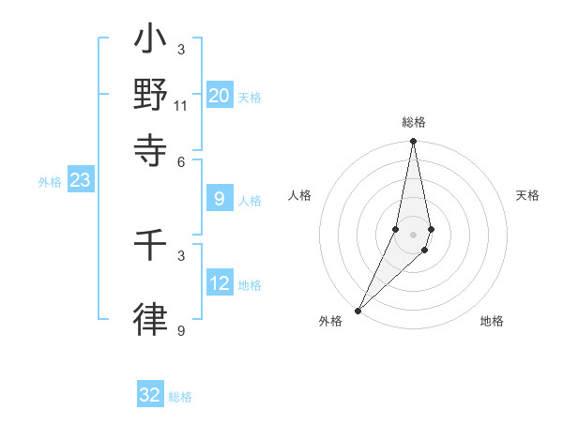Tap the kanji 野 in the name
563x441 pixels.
coord(151,96)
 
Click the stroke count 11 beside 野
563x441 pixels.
coord(181,105)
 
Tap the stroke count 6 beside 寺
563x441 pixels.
coord(181,161)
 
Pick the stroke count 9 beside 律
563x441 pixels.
coord(181,330)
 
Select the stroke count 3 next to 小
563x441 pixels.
coord(181,50)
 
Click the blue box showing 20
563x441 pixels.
coord(220,96)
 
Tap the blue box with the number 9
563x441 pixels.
coord(220,199)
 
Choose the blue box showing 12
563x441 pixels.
coord(220,283)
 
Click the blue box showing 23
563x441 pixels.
coord(80,181)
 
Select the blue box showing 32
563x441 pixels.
coord(150,395)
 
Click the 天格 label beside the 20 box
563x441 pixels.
coord(250,98)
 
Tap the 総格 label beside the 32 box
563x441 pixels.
coord(180,397)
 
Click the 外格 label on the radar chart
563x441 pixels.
coord(330,322)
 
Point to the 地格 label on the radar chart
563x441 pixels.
coord(492,322)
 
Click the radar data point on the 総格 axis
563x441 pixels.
coord(413,142)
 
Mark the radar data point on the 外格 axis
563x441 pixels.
coord(358,310)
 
